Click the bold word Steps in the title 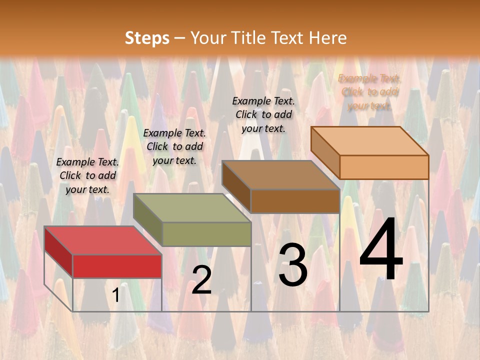pos(147,38)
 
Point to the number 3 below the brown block pos(292,265)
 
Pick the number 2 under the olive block pos(201,280)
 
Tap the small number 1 pos(116,295)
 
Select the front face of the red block pos(117,266)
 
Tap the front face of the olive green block pos(206,234)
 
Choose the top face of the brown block pos(280,175)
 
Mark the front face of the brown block pos(295,201)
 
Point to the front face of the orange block pos(384,167)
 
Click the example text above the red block pos(87,175)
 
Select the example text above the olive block pos(174,146)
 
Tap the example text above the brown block pos(263,114)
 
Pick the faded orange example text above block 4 pos(369,92)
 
